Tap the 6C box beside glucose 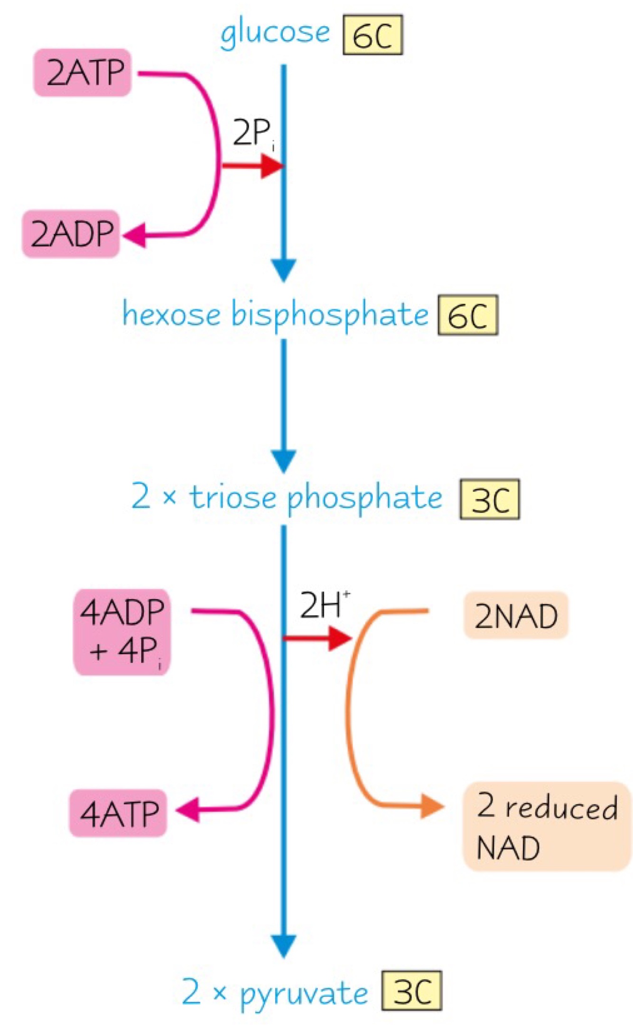click(372, 35)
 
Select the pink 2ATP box click(82, 73)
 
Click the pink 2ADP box click(71, 233)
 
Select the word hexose click(171, 314)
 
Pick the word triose click(233, 498)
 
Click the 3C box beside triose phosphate click(490, 499)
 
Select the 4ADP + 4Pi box click(121, 632)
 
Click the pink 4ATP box click(118, 813)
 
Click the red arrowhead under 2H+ click(339, 638)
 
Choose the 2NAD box click(516, 615)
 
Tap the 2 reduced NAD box click(547, 826)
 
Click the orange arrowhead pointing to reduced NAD click(431, 806)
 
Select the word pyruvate click(304, 992)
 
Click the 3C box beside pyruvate click(412, 991)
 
